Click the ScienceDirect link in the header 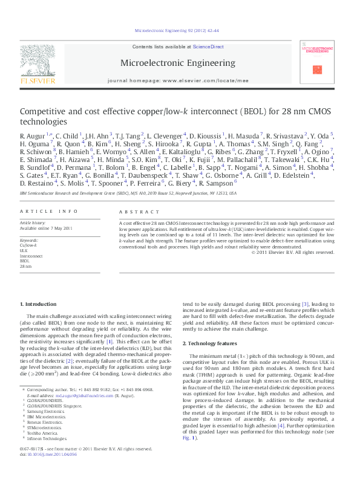pos(208,47)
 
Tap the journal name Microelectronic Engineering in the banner pos(178,62)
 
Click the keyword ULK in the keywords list pos(24,250)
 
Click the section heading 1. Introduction pos(39,303)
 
